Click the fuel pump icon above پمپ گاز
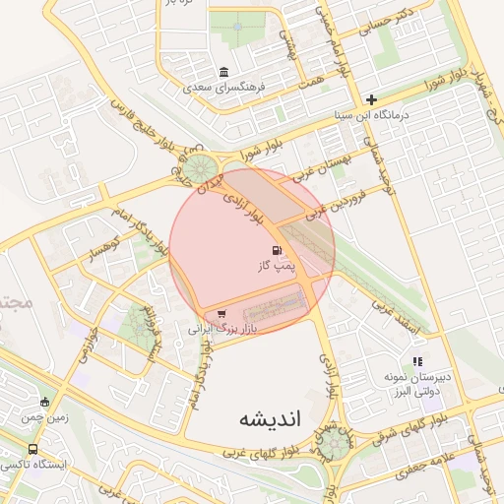[x=275, y=251]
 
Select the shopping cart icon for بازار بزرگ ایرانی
[x=220, y=314]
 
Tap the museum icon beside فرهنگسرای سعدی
[x=224, y=73]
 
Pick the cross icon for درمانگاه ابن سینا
[x=371, y=99]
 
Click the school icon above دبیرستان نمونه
[x=417, y=361]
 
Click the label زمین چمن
[x=44, y=416]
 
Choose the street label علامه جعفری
[x=425, y=464]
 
